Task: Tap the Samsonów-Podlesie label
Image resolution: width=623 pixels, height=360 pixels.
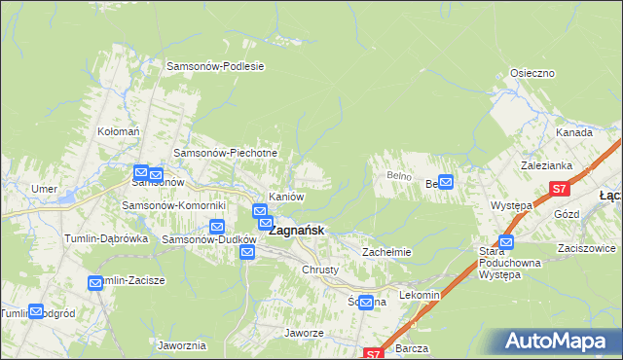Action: (x=216, y=67)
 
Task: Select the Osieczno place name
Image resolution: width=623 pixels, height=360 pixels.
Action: (x=532, y=73)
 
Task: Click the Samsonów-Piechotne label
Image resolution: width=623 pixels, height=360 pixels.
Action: (x=226, y=153)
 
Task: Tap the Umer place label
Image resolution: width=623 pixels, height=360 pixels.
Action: (x=44, y=188)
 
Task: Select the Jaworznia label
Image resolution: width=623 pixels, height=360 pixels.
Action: (x=181, y=344)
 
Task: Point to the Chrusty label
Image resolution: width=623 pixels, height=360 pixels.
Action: (x=320, y=269)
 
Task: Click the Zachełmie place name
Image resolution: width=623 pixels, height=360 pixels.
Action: (x=387, y=251)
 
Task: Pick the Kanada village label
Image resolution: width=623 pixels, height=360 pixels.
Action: (x=574, y=131)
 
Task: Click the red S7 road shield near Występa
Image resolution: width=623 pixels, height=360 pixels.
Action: (x=558, y=189)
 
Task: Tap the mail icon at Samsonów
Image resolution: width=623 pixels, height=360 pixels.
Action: (x=141, y=172)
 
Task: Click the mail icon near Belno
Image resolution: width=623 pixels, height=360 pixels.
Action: (x=446, y=181)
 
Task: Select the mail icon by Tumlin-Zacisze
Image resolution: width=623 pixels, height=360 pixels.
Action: (x=95, y=283)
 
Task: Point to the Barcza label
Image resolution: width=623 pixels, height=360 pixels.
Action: (x=414, y=346)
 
